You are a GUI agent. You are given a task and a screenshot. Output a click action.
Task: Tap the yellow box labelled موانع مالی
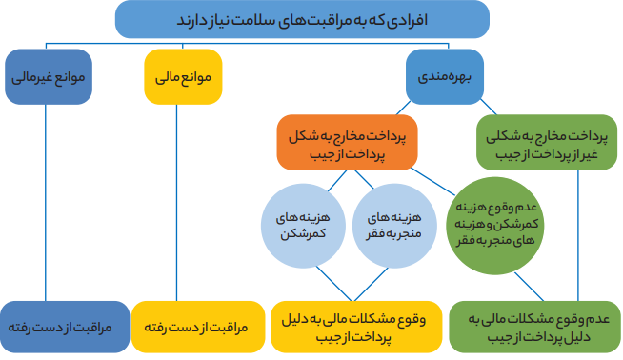[183, 76]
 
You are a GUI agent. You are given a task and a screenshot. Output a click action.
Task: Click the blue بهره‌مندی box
[444, 76]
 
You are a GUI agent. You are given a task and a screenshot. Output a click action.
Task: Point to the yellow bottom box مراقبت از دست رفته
[190, 326]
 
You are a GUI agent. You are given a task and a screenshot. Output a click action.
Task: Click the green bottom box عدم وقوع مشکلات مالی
[534, 326]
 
